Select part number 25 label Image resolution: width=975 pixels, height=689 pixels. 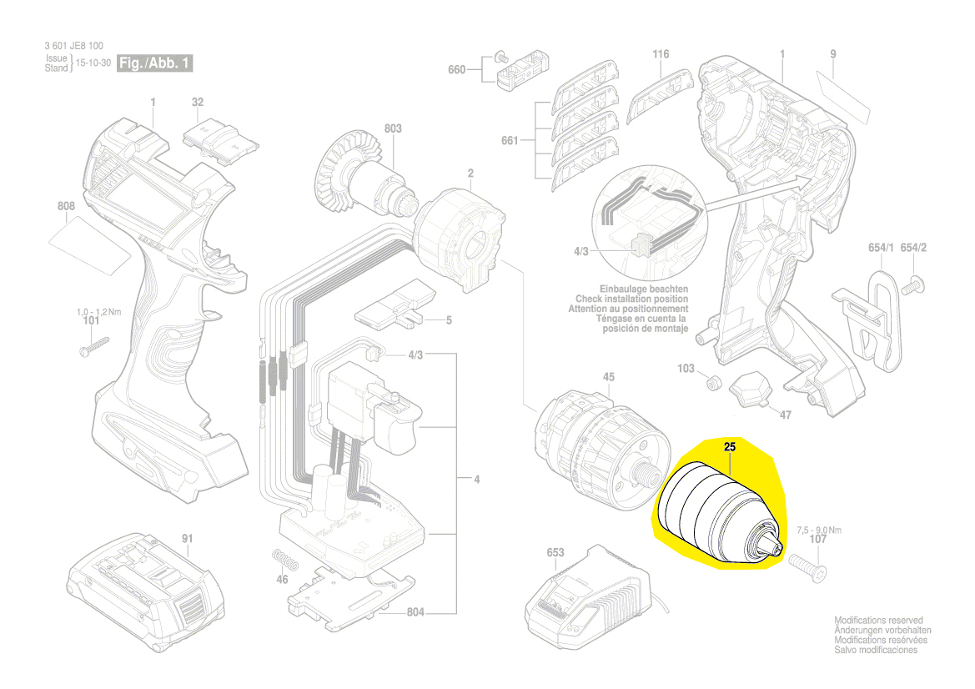tap(730, 448)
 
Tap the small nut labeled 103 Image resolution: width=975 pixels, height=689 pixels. tap(714, 383)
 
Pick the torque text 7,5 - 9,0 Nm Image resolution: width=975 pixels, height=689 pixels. tap(818, 530)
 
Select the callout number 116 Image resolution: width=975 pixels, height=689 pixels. tap(661, 54)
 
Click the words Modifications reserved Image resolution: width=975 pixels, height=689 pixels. tap(878, 621)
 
